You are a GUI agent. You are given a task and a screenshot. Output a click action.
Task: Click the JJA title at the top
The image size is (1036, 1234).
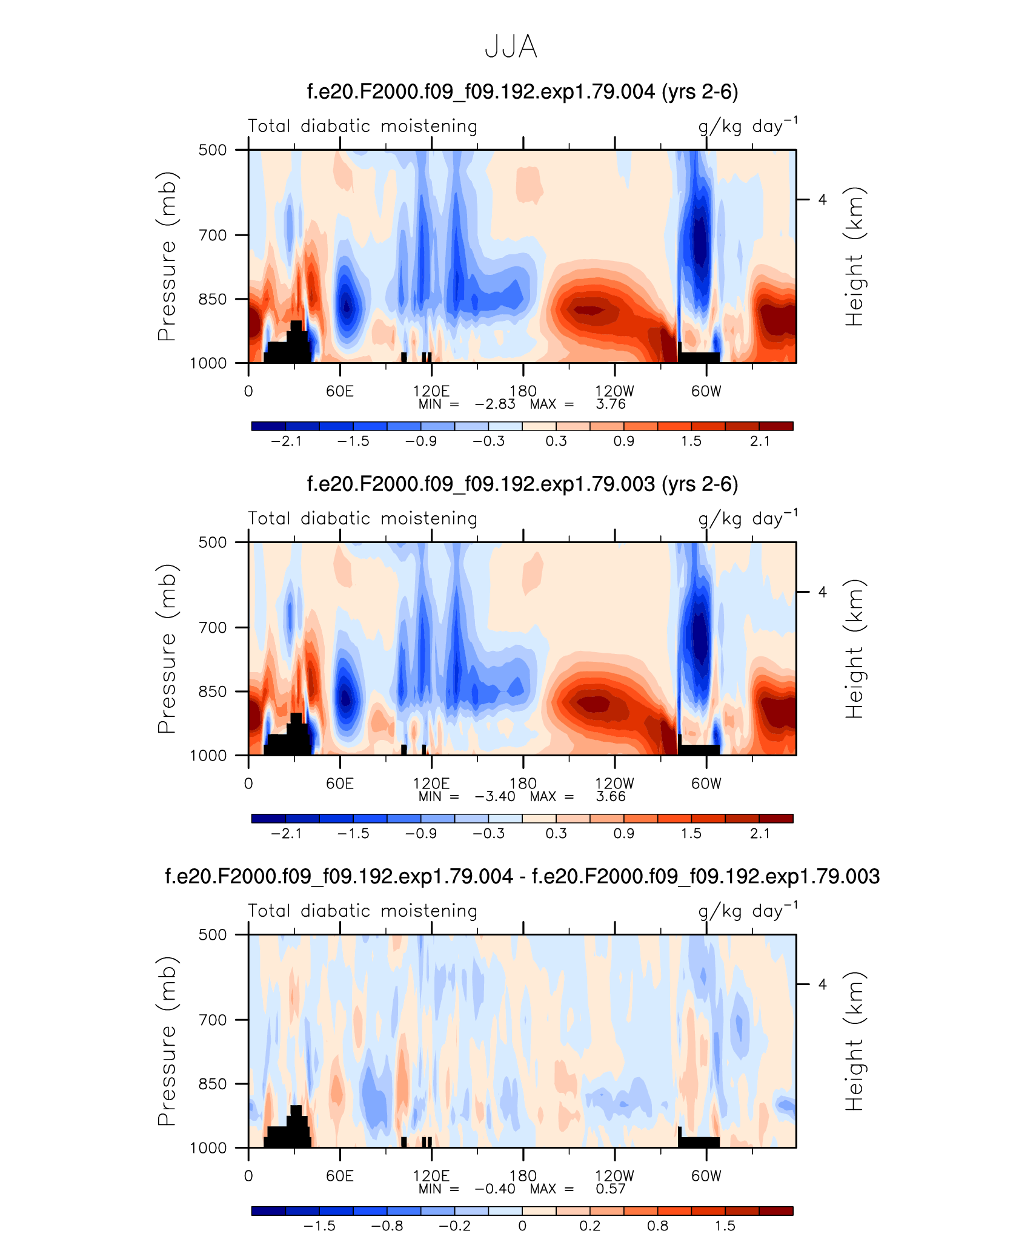click(x=511, y=47)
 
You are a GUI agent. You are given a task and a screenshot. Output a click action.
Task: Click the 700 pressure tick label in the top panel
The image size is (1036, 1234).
click(x=213, y=235)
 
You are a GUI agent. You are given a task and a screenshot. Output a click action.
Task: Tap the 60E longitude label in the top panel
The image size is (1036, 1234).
click(x=340, y=391)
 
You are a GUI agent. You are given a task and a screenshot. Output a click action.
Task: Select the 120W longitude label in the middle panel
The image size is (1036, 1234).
click(x=614, y=784)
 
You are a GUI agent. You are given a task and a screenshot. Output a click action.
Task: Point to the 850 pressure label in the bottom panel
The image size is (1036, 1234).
click(x=213, y=1084)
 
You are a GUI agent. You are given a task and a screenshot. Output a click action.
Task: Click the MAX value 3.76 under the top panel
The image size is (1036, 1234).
click(x=611, y=404)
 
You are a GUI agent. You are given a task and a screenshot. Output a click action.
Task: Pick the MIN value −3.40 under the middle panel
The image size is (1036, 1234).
click(x=495, y=796)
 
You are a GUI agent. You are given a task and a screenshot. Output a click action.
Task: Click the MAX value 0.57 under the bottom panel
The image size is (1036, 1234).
click(x=611, y=1189)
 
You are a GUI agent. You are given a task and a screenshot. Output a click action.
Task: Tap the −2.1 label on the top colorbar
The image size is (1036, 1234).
click(x=286, y=441)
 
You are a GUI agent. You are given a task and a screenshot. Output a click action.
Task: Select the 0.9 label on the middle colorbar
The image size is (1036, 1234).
click(x=624, y=833)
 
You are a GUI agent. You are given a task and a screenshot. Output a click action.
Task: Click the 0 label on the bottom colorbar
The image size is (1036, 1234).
click(x=522, y=1226)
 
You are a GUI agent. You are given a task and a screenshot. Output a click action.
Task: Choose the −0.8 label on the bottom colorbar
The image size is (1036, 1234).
click(x=387, y=1226)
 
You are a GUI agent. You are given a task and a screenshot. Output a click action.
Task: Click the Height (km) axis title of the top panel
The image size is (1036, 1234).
click(x=854, y=256)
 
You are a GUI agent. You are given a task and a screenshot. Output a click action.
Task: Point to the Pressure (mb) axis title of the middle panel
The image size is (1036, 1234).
click(x=167, y=648)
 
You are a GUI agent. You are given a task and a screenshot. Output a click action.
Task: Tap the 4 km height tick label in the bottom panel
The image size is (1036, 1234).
click(x=822, y=985)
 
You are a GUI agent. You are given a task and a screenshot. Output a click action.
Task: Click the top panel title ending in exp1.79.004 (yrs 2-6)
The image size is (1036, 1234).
click(x=522, y=92)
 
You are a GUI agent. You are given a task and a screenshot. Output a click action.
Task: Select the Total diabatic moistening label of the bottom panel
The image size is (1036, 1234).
click(x=363, y=911)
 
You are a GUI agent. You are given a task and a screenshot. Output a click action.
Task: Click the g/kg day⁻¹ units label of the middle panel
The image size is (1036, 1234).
click(x=748, y=518)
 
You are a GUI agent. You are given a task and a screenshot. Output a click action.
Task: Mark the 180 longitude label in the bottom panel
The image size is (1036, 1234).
click(x=523, y=1176)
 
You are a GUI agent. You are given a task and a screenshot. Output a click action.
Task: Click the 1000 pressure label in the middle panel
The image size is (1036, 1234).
click(x=208, y=756)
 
